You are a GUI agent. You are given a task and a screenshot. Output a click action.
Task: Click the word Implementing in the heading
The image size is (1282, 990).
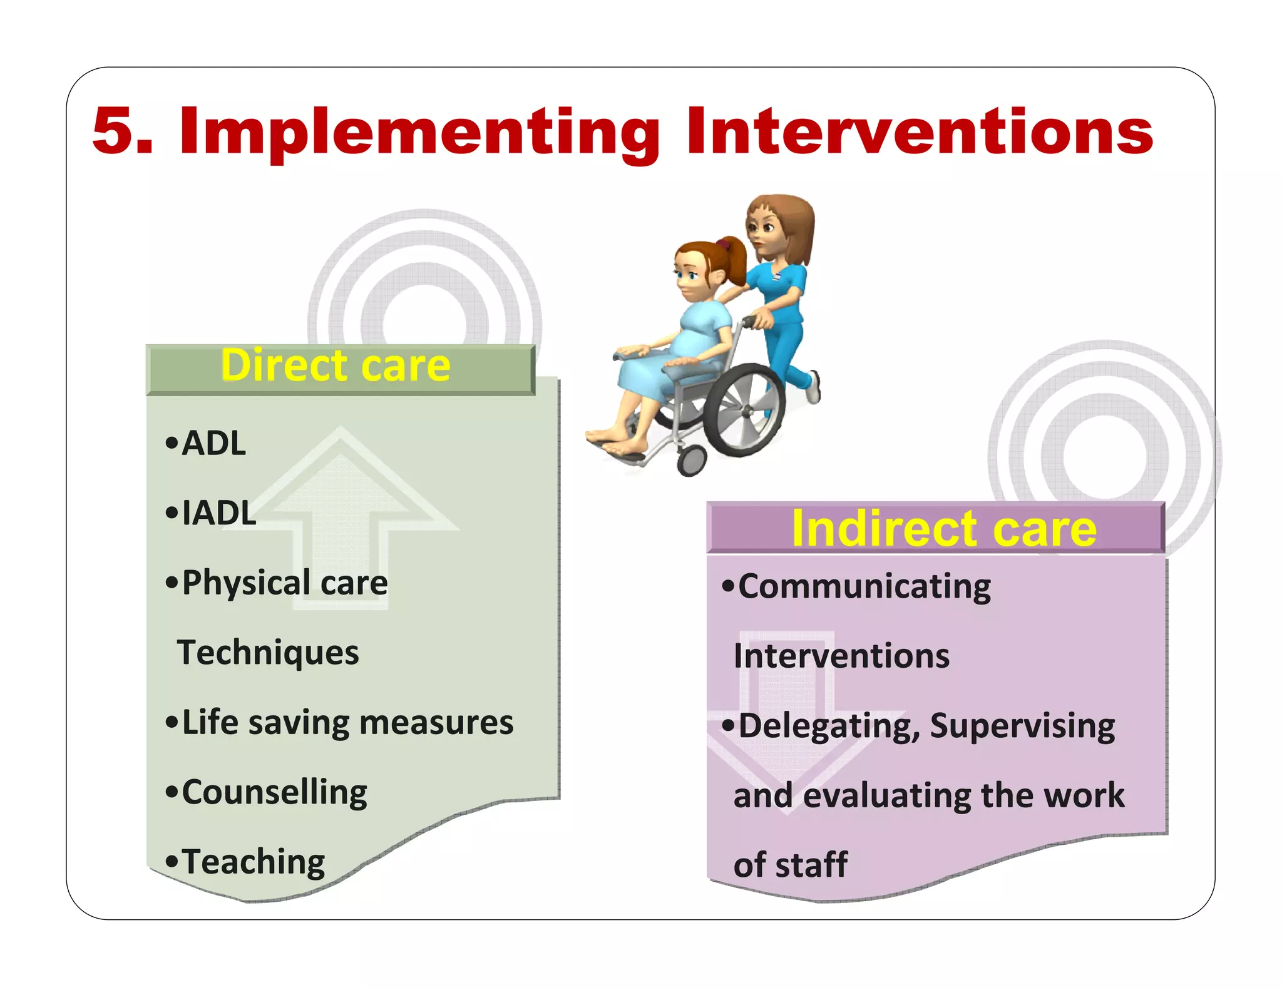pyautogui.click(x=419, y=133)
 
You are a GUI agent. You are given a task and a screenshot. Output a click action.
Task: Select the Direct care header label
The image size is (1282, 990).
pyautogui.click(x=336, y=366)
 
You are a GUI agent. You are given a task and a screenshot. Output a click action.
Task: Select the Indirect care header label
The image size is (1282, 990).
pyautogui.click(x=943, y=529)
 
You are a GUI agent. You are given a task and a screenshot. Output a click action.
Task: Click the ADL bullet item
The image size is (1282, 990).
pyautogui.click(x=213, y=444)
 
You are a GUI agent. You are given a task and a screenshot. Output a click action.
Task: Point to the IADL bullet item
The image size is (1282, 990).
pyautogui.click(x=218, y=513)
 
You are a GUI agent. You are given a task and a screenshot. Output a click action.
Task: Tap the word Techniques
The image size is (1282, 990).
pyautogui.click(x=268, y=653)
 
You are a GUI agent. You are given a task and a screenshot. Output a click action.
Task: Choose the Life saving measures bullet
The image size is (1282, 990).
pyautogui.click(x=347, y=723)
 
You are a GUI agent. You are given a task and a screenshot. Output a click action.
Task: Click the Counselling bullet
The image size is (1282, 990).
pyautogui.click(x=274, y=792)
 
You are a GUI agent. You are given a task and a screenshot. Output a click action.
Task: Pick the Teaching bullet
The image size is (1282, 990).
pyautogui.click(x=253, y=862)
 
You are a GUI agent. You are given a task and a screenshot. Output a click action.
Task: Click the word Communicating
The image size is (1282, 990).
pyautogui.click(x=864, y=587)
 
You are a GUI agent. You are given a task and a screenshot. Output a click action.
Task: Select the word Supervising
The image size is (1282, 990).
pyautogui.click(x=1022, y=727)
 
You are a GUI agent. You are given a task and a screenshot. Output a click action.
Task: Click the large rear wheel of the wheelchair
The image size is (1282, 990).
pyautogui.click(x=744, y=410)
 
